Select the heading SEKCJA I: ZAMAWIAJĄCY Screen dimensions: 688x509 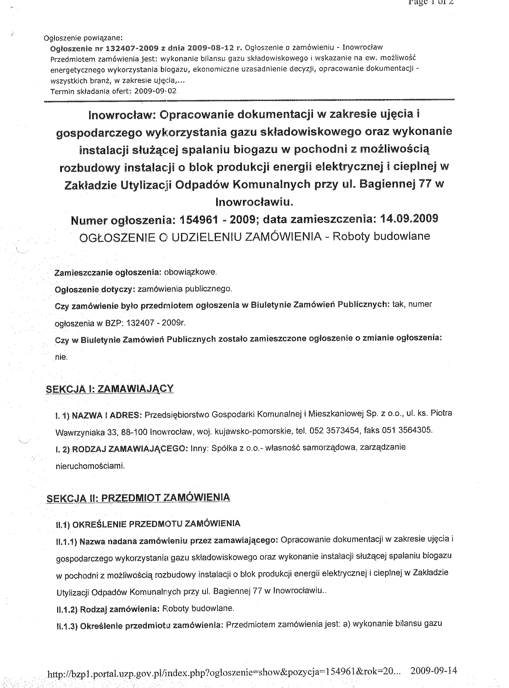pyautogui.click(x=110, y=389)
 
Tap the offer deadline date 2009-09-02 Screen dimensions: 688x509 pyautogui.click(x=156, y=91)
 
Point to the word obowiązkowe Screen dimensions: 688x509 pyautogui.click(x=190, y=272)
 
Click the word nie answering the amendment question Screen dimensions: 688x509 pyautogui.click(x=61, y=357)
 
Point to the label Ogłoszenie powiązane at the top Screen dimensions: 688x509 pyautogui.click(x=83, y=38)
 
